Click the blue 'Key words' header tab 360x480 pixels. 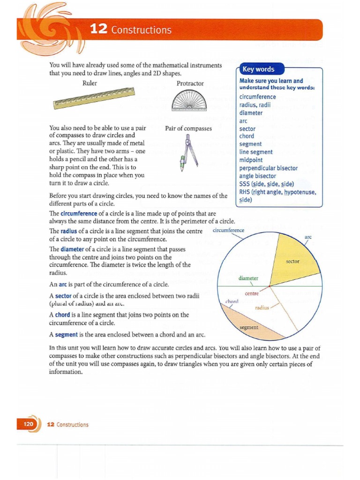(258, 69)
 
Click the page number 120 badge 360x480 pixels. (28, 424)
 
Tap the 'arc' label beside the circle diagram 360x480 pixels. (308, 237)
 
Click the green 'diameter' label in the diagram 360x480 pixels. (248, 278)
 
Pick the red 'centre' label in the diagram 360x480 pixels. (252, 294)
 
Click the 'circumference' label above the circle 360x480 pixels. (228, 230)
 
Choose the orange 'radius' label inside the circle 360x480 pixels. (262, 308)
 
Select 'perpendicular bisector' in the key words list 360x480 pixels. (268, 168)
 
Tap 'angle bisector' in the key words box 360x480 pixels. (257, 176)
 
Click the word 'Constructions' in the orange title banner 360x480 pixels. (142, 30)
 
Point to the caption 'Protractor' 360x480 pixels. (190, 83)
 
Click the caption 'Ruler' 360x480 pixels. (90, 83)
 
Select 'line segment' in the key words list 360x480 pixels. (255, 152)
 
